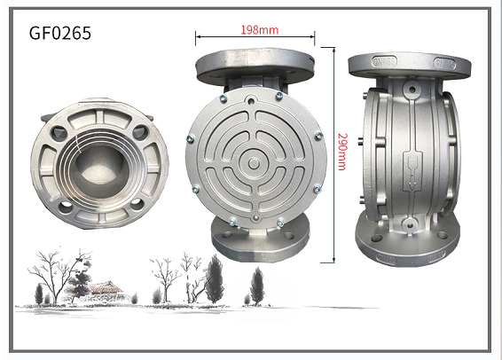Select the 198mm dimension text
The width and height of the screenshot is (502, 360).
click(x=260, y=29)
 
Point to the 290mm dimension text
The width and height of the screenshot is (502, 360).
click(x=341, y=152)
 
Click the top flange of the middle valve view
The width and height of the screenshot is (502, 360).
click(x=255, y=67)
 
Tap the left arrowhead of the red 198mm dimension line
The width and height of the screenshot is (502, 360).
click(x=198, y=36)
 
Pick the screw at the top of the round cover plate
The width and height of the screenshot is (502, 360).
click(x=255, y=96)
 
